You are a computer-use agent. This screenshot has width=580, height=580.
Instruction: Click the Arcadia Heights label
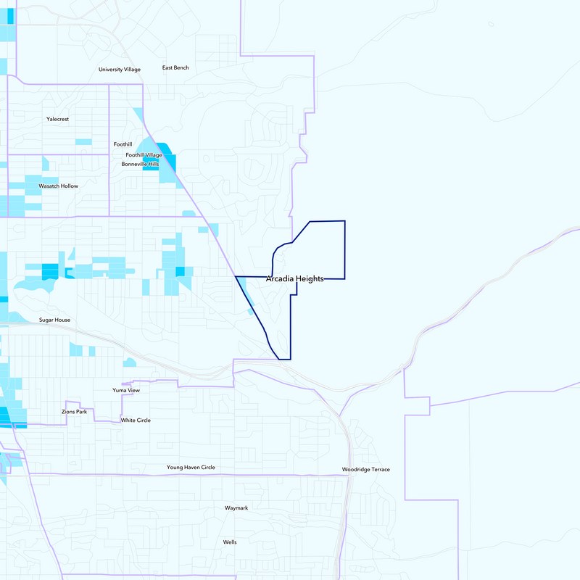tap(294, 279)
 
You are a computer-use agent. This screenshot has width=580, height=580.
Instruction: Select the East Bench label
tap(175, 68)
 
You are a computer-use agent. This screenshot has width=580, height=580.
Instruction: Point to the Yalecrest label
tap(57, 119)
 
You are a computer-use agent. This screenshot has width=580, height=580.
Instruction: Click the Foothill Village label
tap(144, 155)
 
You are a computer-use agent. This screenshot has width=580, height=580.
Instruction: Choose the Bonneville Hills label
tap(140, 165)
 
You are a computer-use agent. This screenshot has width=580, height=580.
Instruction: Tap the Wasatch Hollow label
tap(58, 186)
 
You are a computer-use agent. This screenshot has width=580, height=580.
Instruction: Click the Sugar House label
tap(58, 320)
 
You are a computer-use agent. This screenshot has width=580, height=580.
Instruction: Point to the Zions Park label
tap(74, 412)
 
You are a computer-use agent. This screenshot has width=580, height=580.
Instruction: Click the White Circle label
tap(136, 420)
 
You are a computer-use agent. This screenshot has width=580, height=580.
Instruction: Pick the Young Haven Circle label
tap(191, 468)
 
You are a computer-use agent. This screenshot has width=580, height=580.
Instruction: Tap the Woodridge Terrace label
tap(366, 470)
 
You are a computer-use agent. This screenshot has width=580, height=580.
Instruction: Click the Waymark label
tap(236, 508)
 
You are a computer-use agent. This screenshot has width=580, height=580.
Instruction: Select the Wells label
tap(230, 542)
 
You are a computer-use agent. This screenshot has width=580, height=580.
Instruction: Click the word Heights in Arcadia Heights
tap(309, 279)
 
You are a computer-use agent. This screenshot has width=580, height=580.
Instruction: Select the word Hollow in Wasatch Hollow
tap(69, 186)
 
